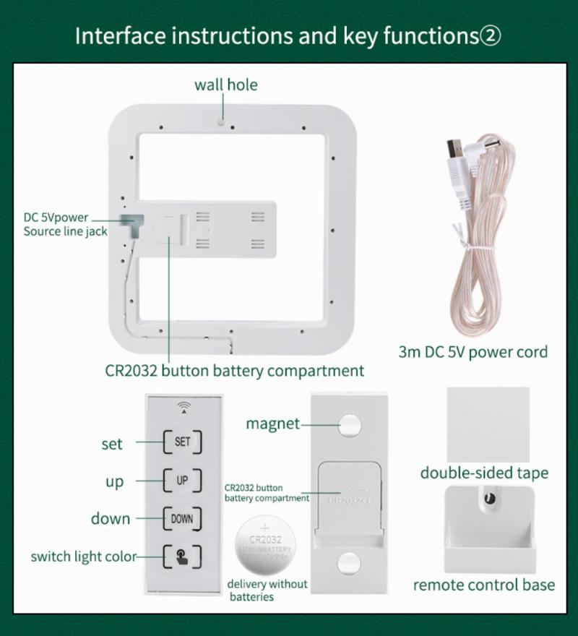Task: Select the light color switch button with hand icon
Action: [x=182, y=556]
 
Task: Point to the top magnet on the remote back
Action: [x=350, y=425]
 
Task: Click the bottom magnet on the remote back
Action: [x=349, y=563]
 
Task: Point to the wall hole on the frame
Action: [x=222, y=122]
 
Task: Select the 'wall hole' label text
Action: [x=225, y=85]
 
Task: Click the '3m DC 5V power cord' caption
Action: [x=473, y=352]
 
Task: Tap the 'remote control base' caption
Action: [x=483, y=585]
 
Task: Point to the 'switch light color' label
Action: [x=82, y=556]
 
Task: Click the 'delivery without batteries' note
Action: [x=267, y=590]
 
